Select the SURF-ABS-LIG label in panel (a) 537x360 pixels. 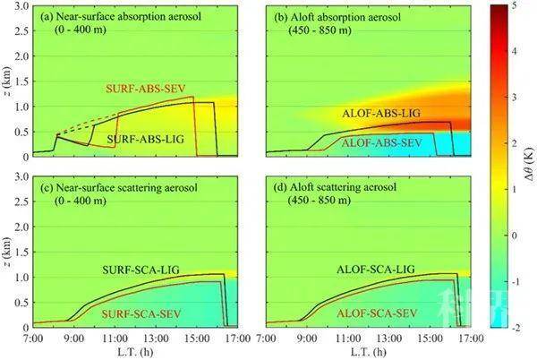(141, 141)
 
